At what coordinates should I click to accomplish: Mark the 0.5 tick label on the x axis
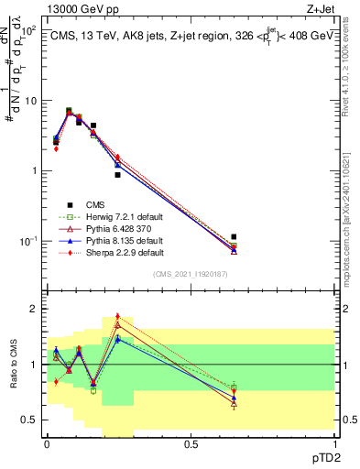click(x=191, y=443)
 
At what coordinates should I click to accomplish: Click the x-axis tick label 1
click(x=334, y=443)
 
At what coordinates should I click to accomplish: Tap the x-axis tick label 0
click(x=47, y=443)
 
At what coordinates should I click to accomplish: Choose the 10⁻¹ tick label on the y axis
click(x=26, y=241)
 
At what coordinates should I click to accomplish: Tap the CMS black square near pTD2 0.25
click(x=117, y=175)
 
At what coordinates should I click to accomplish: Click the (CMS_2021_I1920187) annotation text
click(x=191, y=275)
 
